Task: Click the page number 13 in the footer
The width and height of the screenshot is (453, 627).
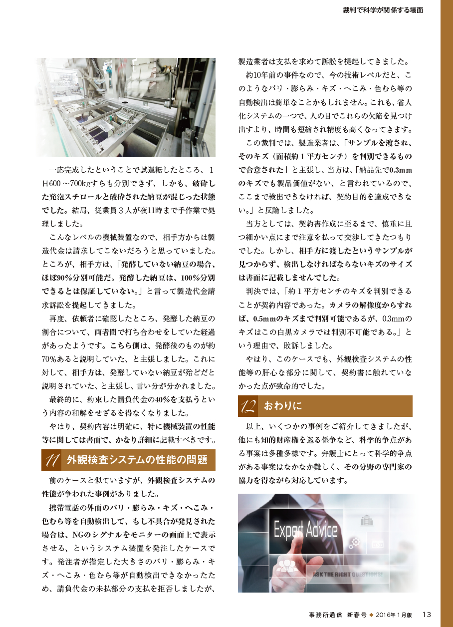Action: pos(427,614)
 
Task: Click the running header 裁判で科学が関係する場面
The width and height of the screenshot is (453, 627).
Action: pos(383,9)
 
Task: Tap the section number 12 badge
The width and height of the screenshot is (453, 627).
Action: pos(247,406)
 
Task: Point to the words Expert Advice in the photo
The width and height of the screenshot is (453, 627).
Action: pos(305,530)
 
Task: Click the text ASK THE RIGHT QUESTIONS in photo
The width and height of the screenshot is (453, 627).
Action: pos(348,575)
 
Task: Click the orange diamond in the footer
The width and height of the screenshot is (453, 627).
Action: pos(371,615)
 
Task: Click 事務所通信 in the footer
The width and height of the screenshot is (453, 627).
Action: pos(325,615)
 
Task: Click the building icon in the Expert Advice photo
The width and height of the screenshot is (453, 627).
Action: pos(367,520)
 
